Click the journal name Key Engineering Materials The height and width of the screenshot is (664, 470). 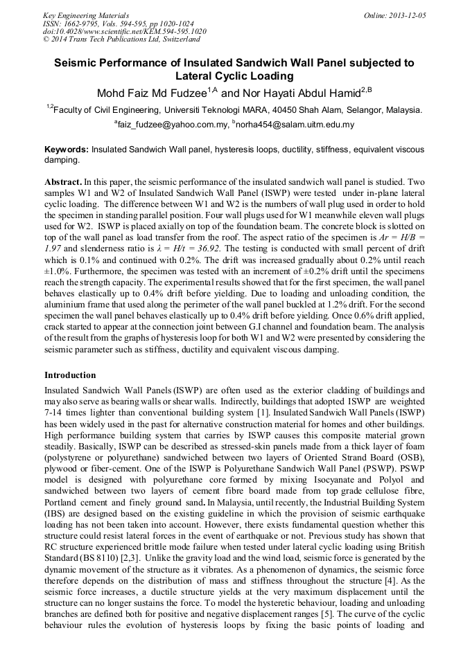[85, 15]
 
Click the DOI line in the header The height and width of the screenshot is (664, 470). [124, 32]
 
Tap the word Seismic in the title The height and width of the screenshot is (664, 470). [82, 63]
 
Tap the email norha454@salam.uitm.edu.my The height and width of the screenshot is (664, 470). [295, 125]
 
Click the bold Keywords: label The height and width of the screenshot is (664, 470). [67, 149]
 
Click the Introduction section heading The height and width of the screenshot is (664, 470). [70, 375]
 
